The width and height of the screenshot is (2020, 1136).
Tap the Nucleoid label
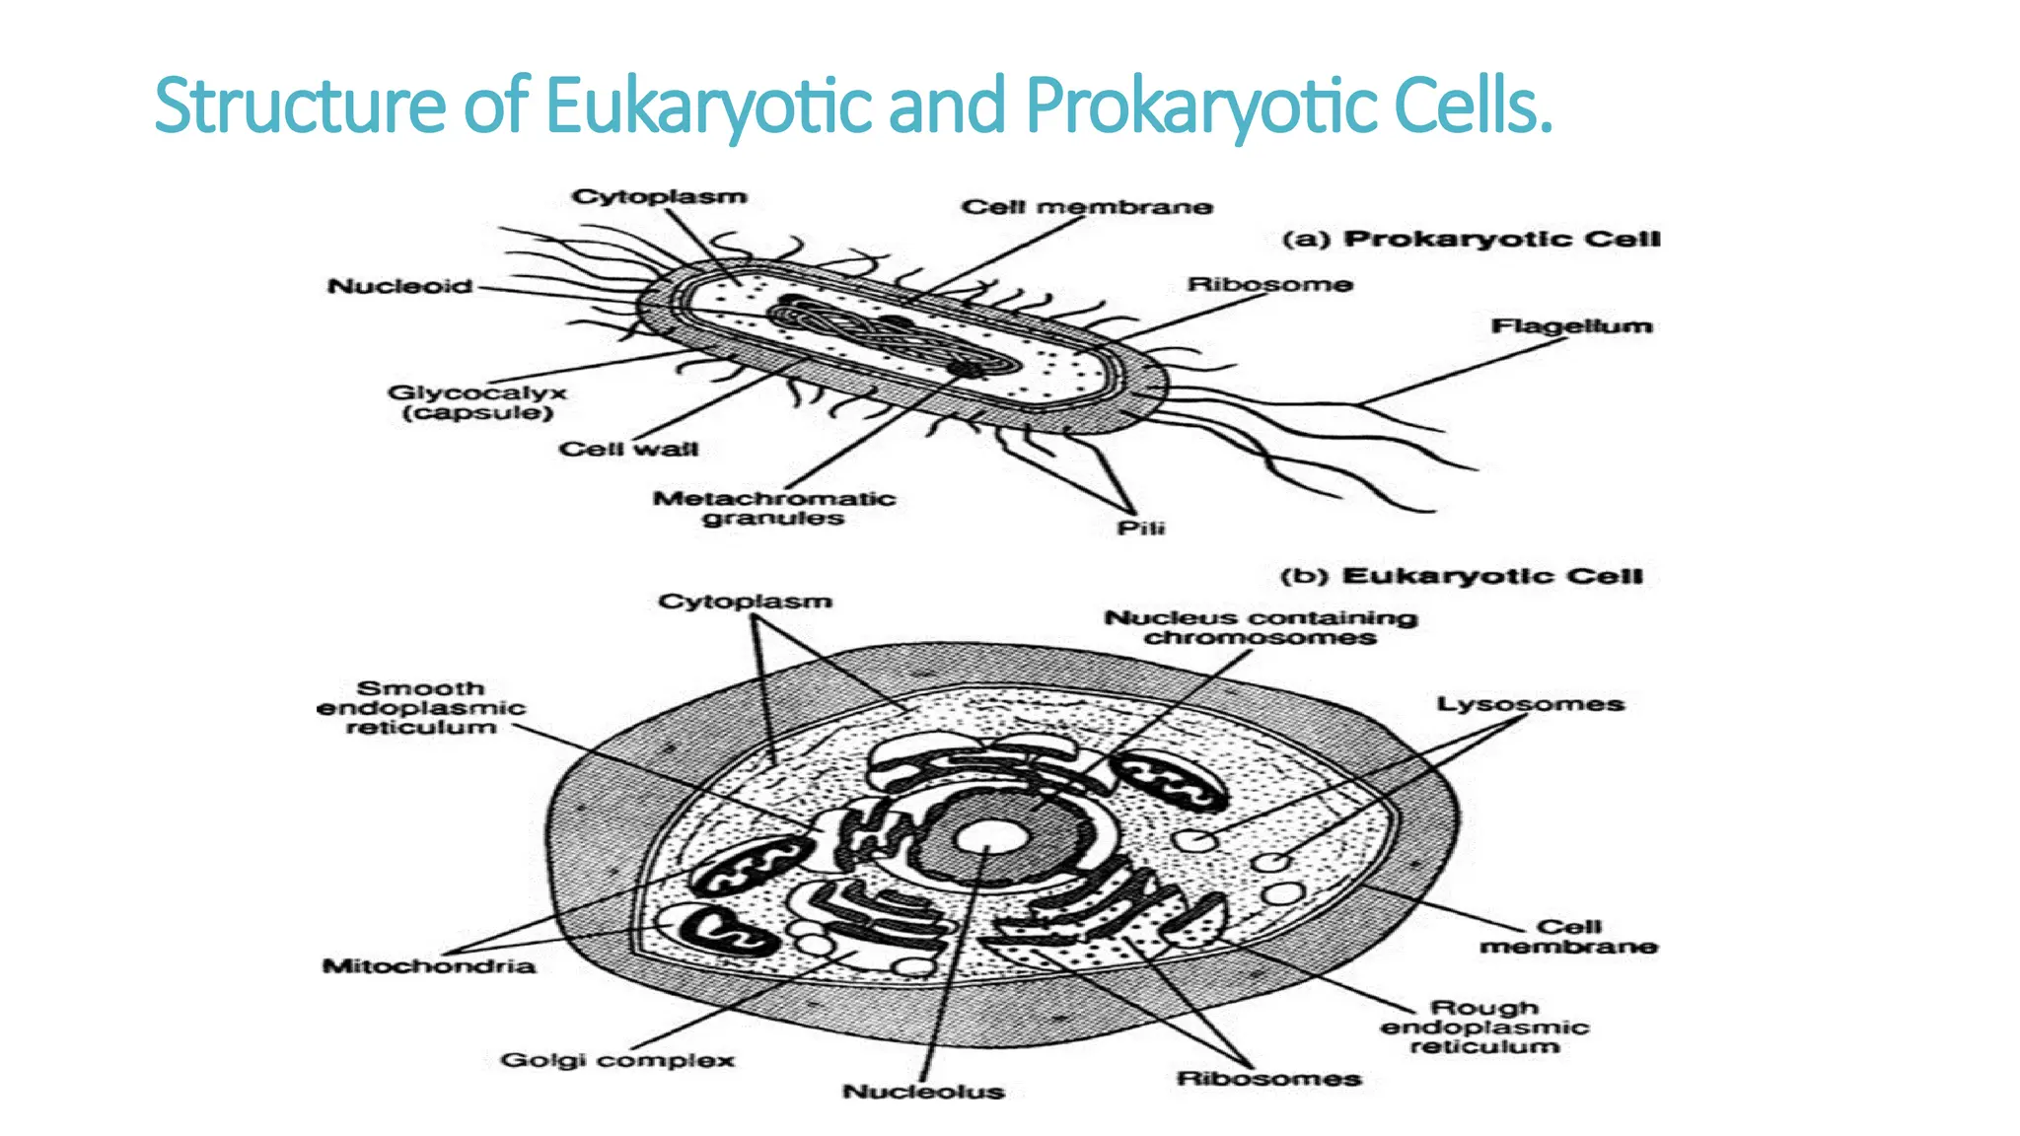(399, 287)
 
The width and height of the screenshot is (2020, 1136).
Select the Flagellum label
(1570, 326)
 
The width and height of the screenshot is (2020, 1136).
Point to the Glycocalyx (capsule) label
(477, 402)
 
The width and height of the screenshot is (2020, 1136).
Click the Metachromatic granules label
(773, 508)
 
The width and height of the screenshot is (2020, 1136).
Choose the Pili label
(1140, 529)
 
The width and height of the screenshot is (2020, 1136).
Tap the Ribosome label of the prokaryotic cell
(1269, 285)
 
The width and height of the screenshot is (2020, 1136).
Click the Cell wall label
(628, 450)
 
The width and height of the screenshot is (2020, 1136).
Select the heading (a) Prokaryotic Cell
(1471, 240)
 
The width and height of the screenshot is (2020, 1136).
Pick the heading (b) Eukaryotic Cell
(1461, 577)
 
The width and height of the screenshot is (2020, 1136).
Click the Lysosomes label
(1530, 704)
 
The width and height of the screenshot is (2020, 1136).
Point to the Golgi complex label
(617, 1061)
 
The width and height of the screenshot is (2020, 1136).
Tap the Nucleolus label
(923, 1092)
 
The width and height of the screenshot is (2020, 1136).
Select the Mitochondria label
(429, 965)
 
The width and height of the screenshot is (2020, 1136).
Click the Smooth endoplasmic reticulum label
(421, 708)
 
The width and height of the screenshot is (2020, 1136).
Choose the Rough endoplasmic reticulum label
(1483, 1028)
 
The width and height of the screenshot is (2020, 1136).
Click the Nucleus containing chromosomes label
(1261, 628)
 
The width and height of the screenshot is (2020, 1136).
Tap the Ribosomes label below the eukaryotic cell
(1268, 1079)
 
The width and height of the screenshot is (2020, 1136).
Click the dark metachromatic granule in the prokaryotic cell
(967, 369)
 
